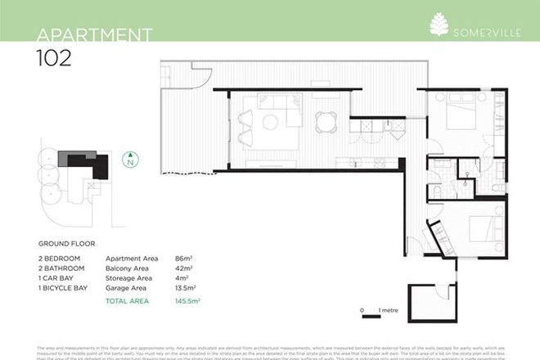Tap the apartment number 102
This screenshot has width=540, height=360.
click(54, 57)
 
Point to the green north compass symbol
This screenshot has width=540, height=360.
click(128, 160)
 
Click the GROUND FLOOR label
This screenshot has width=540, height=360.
click(67, 244)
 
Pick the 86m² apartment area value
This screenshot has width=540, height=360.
click(195, 258)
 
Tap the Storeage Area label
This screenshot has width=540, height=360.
click(132, 278)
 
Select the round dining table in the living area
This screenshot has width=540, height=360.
click(326, 121)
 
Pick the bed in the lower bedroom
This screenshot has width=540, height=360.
click(475, 227)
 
